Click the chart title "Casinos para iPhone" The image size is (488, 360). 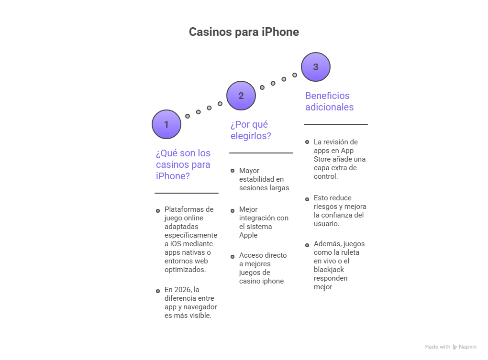point(244,32)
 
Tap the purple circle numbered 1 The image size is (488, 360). point(166,124)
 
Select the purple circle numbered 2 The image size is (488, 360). point(241,96)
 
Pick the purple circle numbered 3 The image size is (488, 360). point(316,67)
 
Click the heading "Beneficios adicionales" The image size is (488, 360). point(329,101)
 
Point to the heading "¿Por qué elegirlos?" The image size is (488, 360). point(250,130)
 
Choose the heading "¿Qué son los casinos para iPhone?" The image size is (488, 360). point(183,164)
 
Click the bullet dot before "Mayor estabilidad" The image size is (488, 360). point(232,171)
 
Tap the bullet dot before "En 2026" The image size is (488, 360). point(157,290)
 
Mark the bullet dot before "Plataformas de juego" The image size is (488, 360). point(157,210)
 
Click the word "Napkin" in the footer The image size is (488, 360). point(467,347)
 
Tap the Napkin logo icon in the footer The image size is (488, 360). point(455,347)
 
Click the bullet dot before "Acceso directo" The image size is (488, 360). point(232,256)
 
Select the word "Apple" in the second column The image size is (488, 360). point(248,235)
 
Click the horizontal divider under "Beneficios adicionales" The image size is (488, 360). point(335,124)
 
